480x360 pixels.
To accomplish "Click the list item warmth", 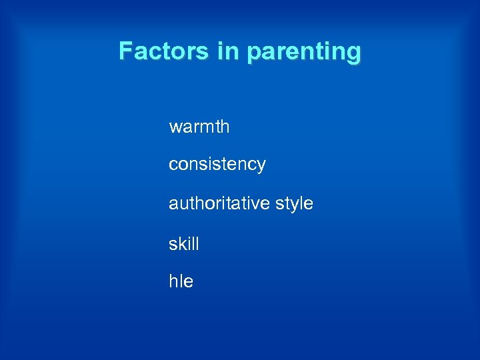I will (x=199, y=127).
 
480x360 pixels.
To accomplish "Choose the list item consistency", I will (x=217, y=165).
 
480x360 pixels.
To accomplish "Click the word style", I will (x=294, y=203).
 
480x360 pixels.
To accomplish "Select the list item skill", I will (x=183, y=244).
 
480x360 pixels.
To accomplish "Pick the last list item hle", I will (x=181, y=282).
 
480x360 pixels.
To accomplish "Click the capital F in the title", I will (x=125, y=51).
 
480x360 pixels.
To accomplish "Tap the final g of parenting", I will (x=353, y=53).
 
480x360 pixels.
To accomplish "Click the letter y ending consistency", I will (x=261, y=167).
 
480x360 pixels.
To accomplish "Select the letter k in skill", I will (x=182, y=244).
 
